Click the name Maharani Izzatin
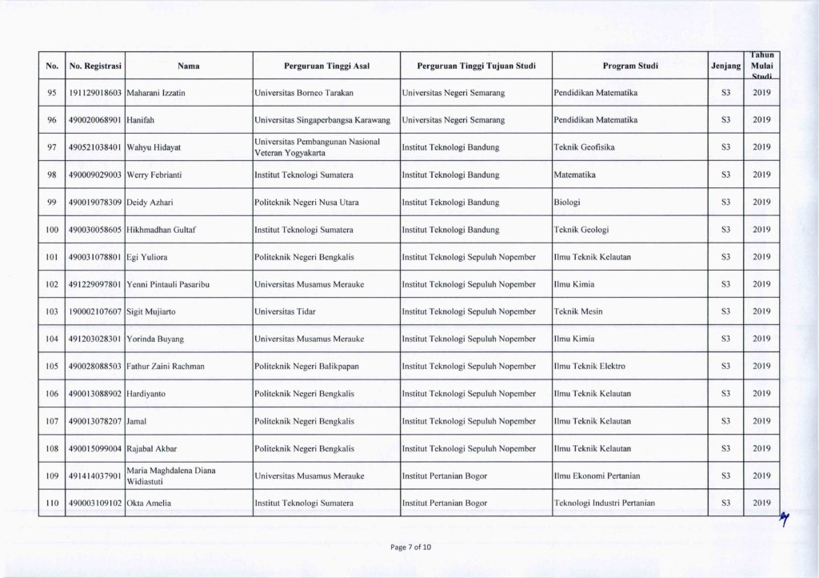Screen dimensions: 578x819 tap(157, 94)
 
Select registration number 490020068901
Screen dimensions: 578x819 tap(94, 120)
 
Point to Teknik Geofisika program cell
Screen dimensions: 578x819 tap(585, 147)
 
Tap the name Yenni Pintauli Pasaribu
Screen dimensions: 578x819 tap(174, 284)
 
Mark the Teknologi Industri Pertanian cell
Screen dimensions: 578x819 tap(605, 503)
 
